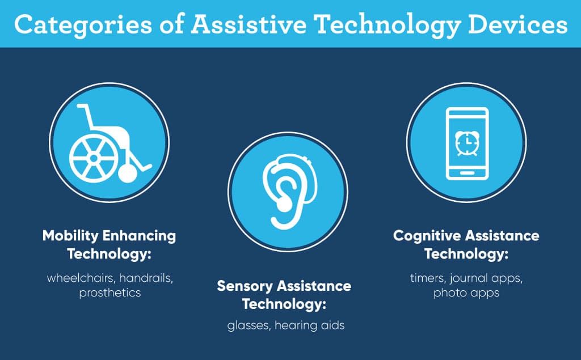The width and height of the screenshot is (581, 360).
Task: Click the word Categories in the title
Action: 83,25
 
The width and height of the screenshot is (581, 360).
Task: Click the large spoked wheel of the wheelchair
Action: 94,158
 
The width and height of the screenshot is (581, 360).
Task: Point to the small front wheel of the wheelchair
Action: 128,173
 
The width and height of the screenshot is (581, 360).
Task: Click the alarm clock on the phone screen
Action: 467,143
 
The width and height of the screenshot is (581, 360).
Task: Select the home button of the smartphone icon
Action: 467,173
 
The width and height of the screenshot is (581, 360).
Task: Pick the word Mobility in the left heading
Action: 70,236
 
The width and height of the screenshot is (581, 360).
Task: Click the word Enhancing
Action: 139,236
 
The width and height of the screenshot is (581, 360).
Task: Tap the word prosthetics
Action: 110,293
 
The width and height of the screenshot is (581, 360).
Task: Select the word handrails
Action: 146,278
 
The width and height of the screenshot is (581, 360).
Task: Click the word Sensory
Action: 245,286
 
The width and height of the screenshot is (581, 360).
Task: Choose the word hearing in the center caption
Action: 296,325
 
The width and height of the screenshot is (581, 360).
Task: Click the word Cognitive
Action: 426,236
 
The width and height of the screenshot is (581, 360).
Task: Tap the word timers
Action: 428,278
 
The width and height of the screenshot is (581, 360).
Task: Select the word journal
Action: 469,278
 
